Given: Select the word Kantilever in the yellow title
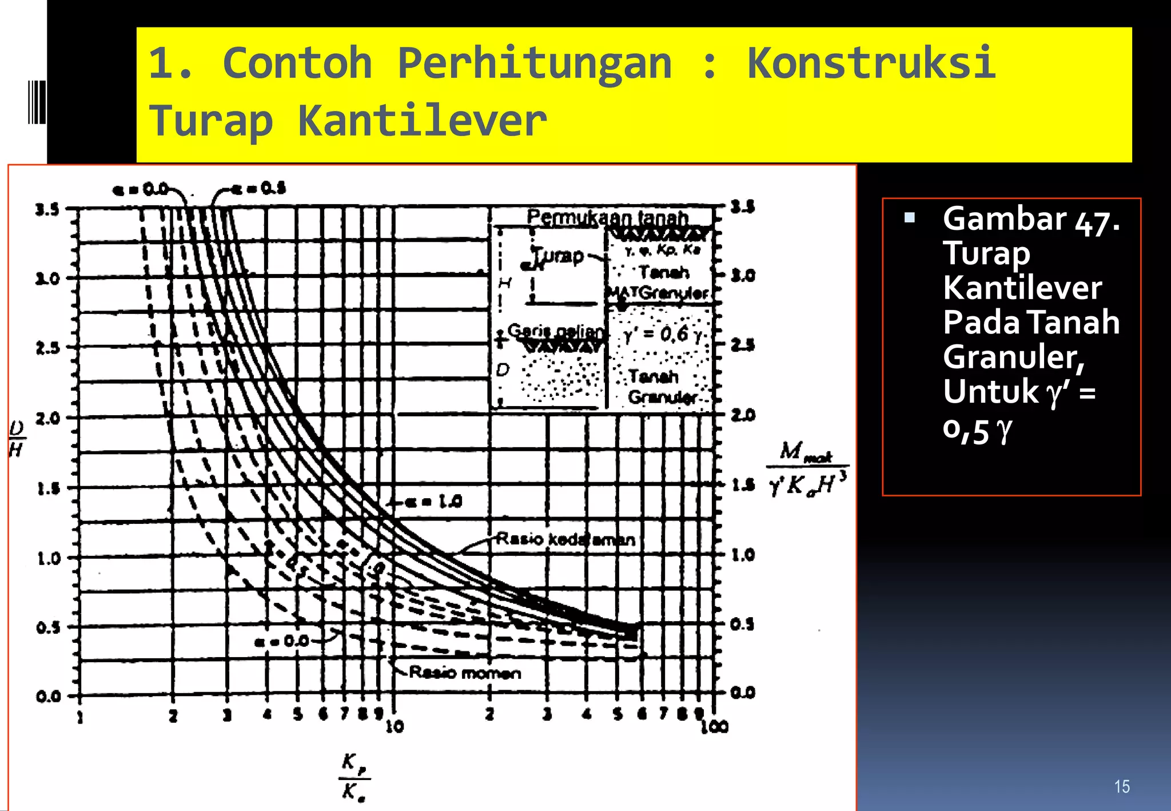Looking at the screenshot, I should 422,121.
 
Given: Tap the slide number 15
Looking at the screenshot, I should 1122,786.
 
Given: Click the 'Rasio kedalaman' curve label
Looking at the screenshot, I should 565,539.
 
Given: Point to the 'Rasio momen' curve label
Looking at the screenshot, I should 465,673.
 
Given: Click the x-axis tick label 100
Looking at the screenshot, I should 715,727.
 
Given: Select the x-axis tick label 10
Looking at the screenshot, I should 395,727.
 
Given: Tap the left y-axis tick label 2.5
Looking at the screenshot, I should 47,348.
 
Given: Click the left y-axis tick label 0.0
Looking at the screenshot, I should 48,697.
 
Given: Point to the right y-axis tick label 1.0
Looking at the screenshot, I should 743,555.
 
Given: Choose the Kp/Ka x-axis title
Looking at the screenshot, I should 354,777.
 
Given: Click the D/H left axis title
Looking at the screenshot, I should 17,439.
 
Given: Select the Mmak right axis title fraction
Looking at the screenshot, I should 807,468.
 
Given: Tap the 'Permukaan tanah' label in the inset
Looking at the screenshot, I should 607,218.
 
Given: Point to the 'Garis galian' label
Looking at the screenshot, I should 555,331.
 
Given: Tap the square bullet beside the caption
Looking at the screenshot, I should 909,217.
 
